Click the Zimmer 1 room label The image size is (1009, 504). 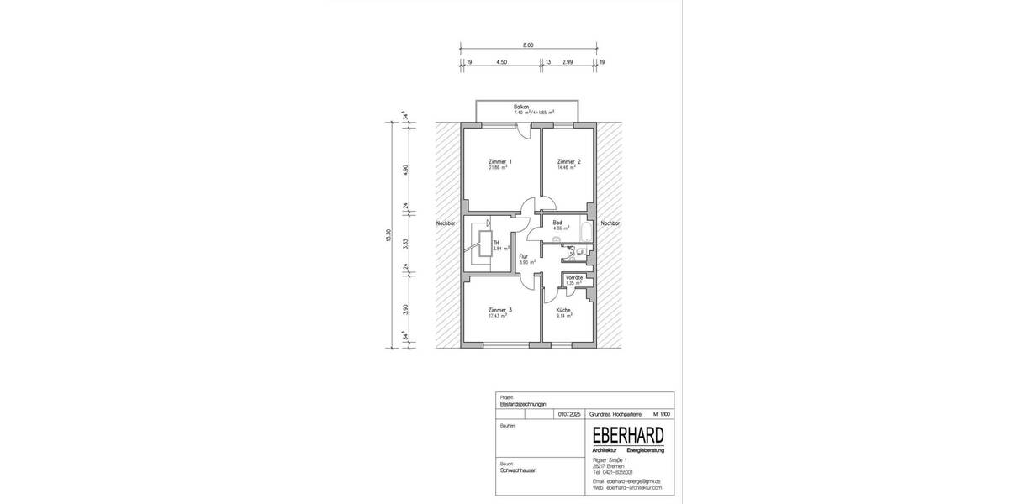(x=499, y=161)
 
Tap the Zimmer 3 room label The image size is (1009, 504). (x=499, y=310)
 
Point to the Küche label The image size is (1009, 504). (x=563, y=310)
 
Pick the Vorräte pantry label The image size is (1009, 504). (x=574, y=276)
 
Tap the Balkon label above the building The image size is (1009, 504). (x=521, y=107)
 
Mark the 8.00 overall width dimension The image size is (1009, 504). (x=527, y=45)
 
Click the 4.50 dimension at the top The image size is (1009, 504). (x=502, y=62)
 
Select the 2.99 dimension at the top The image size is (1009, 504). (x=568, y=62)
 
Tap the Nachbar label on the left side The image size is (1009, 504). (x=446, y=224)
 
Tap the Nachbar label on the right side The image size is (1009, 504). (x=610, y=224)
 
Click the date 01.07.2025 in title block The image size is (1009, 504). (x=568, y=414)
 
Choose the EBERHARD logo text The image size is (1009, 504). (x=627, y=435)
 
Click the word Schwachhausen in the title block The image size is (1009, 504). (x=518, y=470)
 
